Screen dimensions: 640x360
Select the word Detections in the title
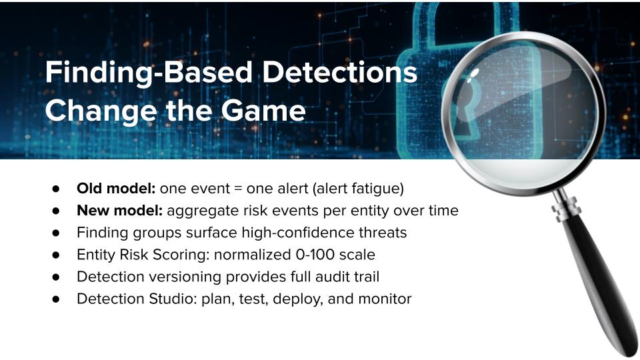click(x=339, y=72)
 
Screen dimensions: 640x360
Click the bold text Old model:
click(x=116, y=189)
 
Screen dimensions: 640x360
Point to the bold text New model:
click(x=119, y=211)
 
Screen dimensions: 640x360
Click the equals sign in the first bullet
click(x=239, y=189)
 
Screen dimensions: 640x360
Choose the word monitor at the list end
click(x=385, y=299)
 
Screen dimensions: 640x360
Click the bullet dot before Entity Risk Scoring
click(x=56, y=255)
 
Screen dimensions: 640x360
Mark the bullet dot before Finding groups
click(x=56, y=233)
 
